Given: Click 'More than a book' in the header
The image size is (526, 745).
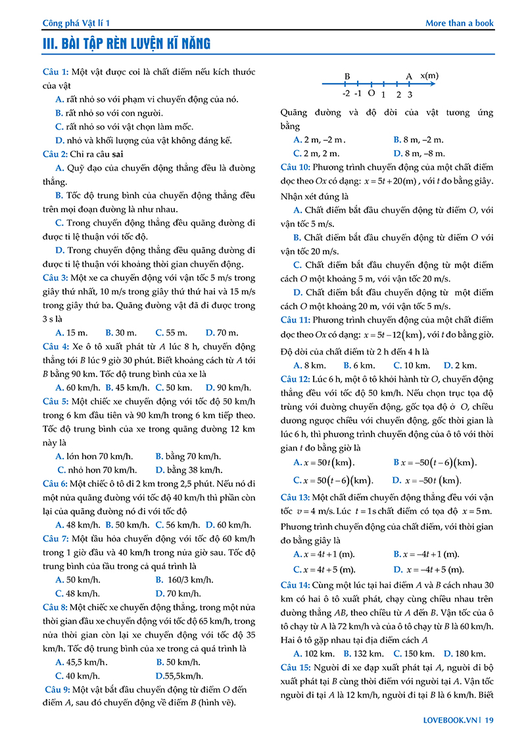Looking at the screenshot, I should click(459, 23).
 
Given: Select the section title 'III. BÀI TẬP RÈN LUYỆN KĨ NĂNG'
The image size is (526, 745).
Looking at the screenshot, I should click(126, 45).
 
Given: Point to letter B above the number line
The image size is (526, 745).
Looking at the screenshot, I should click(347, 76).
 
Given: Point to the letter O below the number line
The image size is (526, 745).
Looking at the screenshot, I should click(371, 93).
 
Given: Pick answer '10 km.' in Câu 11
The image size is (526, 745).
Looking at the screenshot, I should click(416, 365).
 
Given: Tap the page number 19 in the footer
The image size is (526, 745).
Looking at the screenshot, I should click(489, 720).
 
